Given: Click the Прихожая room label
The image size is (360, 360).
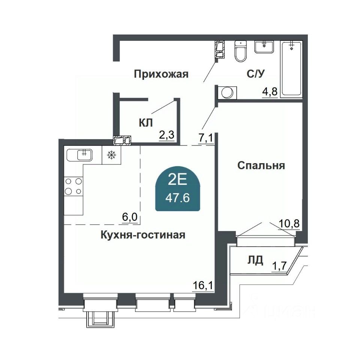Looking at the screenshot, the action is click(x=161, y=74).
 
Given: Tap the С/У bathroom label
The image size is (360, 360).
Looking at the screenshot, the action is click(x=256, y=74).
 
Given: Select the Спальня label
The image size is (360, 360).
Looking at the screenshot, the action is click(x=261, y=165).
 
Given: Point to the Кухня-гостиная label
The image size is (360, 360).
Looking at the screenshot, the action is click(x=143, y=235).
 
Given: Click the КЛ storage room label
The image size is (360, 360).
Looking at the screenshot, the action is click(x=146, y=123).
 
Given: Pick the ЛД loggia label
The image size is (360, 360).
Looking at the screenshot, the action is click(x=255, y=260).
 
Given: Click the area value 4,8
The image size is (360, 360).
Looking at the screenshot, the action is click(x=270, y=91).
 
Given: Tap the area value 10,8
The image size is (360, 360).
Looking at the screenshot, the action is click(x=289, y=223).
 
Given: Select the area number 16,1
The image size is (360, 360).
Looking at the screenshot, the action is click(x=203, y=286).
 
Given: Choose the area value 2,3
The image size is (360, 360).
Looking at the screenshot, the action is click(x=167, y=135).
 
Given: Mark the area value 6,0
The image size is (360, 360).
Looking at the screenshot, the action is click(x=130, y=217).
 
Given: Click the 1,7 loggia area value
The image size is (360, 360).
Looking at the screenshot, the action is click(x=279, y=266).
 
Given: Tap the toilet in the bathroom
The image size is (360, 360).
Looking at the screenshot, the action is click(x=240, y=51).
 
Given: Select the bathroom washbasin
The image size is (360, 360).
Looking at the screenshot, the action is click(x=264, y=47).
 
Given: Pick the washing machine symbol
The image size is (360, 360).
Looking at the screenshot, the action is click(x=227, y=93).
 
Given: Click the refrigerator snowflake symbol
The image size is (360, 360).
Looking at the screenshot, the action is click(x=111, y=155).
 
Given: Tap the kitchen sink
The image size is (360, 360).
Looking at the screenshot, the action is click(x=79, y=155).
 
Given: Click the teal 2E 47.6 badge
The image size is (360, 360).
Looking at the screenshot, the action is click(x=178, y=189).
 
